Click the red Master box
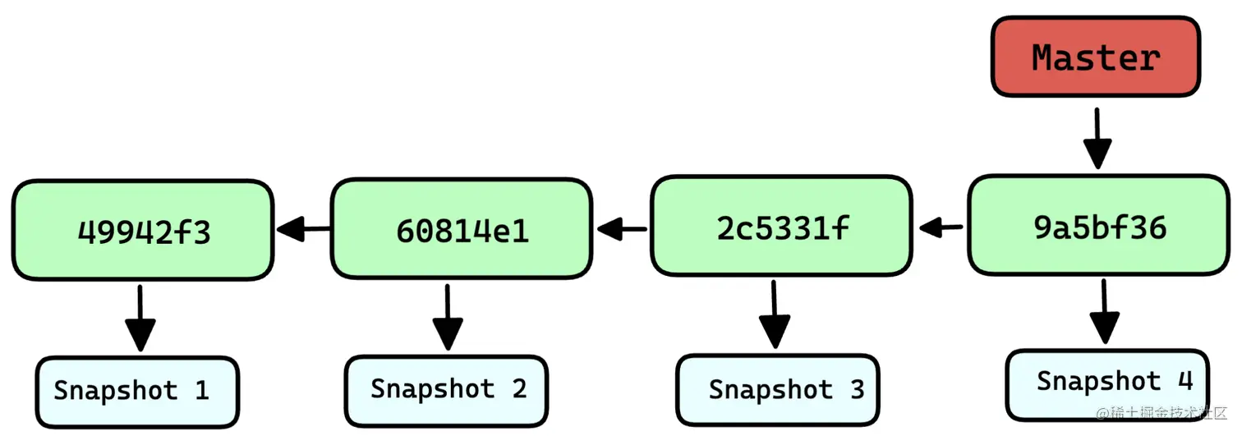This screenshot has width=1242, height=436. (1095, 57)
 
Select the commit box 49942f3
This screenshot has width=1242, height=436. (143, 231)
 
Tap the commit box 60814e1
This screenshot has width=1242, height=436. (461, 230)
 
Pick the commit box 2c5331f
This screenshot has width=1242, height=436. (781, 226)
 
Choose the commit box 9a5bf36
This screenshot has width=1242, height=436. (1100, 225)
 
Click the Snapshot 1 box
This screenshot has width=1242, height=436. (136, 392)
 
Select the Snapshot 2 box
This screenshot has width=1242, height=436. (446, 390)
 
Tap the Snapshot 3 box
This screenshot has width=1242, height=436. (777, 390)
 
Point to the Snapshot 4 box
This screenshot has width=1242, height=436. (1106, 383)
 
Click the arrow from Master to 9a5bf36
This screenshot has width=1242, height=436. (1097, 140)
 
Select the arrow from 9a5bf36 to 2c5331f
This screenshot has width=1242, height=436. (941, 227)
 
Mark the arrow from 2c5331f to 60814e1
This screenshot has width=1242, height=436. (622, 230)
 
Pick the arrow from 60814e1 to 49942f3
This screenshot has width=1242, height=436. (303, 230)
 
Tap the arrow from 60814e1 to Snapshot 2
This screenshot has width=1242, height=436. (448, 317)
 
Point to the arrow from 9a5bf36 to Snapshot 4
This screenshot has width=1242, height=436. (1104, 312)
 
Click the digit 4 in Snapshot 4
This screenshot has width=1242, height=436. (1184, 381)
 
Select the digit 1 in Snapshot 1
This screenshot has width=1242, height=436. (201, 391)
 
